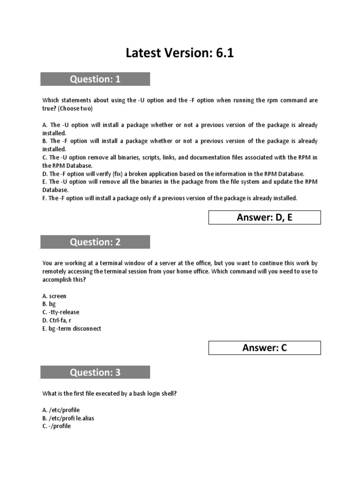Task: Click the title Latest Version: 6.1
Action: coord(180,53)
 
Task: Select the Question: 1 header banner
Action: coord(95,79)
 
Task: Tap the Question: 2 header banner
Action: coord(95,242)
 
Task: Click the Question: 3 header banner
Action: coord(95,372)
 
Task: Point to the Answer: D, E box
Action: coord(264,217)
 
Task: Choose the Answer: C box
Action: coord(264,348)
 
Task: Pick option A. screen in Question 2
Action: coord(54,296)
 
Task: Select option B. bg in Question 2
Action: coord(49,304)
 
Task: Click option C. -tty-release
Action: coord(61,312)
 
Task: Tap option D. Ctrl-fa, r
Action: coord(57,320)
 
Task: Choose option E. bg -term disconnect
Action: coord(72,329)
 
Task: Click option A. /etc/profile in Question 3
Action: coord(61,410)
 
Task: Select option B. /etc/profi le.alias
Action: coord(68,418)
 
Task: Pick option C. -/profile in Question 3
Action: coord(57,426)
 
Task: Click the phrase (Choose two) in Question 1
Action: coord(75,108)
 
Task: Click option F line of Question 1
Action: coord(170,198)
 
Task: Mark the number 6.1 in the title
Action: coord(224,53)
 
